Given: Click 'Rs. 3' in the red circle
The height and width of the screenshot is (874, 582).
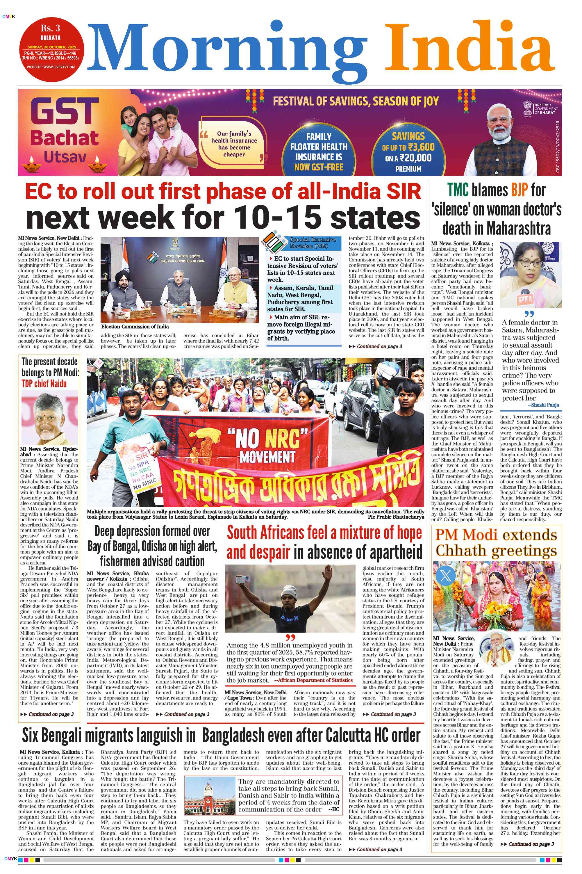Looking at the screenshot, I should [x=51, y=28].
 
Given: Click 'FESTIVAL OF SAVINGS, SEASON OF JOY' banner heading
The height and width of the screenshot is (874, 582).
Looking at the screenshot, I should [x=356, y=101].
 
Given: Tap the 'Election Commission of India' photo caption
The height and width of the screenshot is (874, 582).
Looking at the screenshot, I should [x=135, y=327].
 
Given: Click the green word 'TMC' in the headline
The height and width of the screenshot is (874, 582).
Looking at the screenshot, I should [x=458, y=190].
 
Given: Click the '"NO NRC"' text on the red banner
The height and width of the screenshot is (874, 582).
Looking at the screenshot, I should [x=272, y=439].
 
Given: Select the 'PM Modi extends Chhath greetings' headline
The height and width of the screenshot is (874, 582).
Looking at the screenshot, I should [x=496, y=542].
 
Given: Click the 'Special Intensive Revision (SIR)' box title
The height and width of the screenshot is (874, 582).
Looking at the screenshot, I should [x=313, y=243].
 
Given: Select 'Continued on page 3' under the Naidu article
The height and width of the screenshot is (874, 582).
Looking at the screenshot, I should [x=47, y=714].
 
